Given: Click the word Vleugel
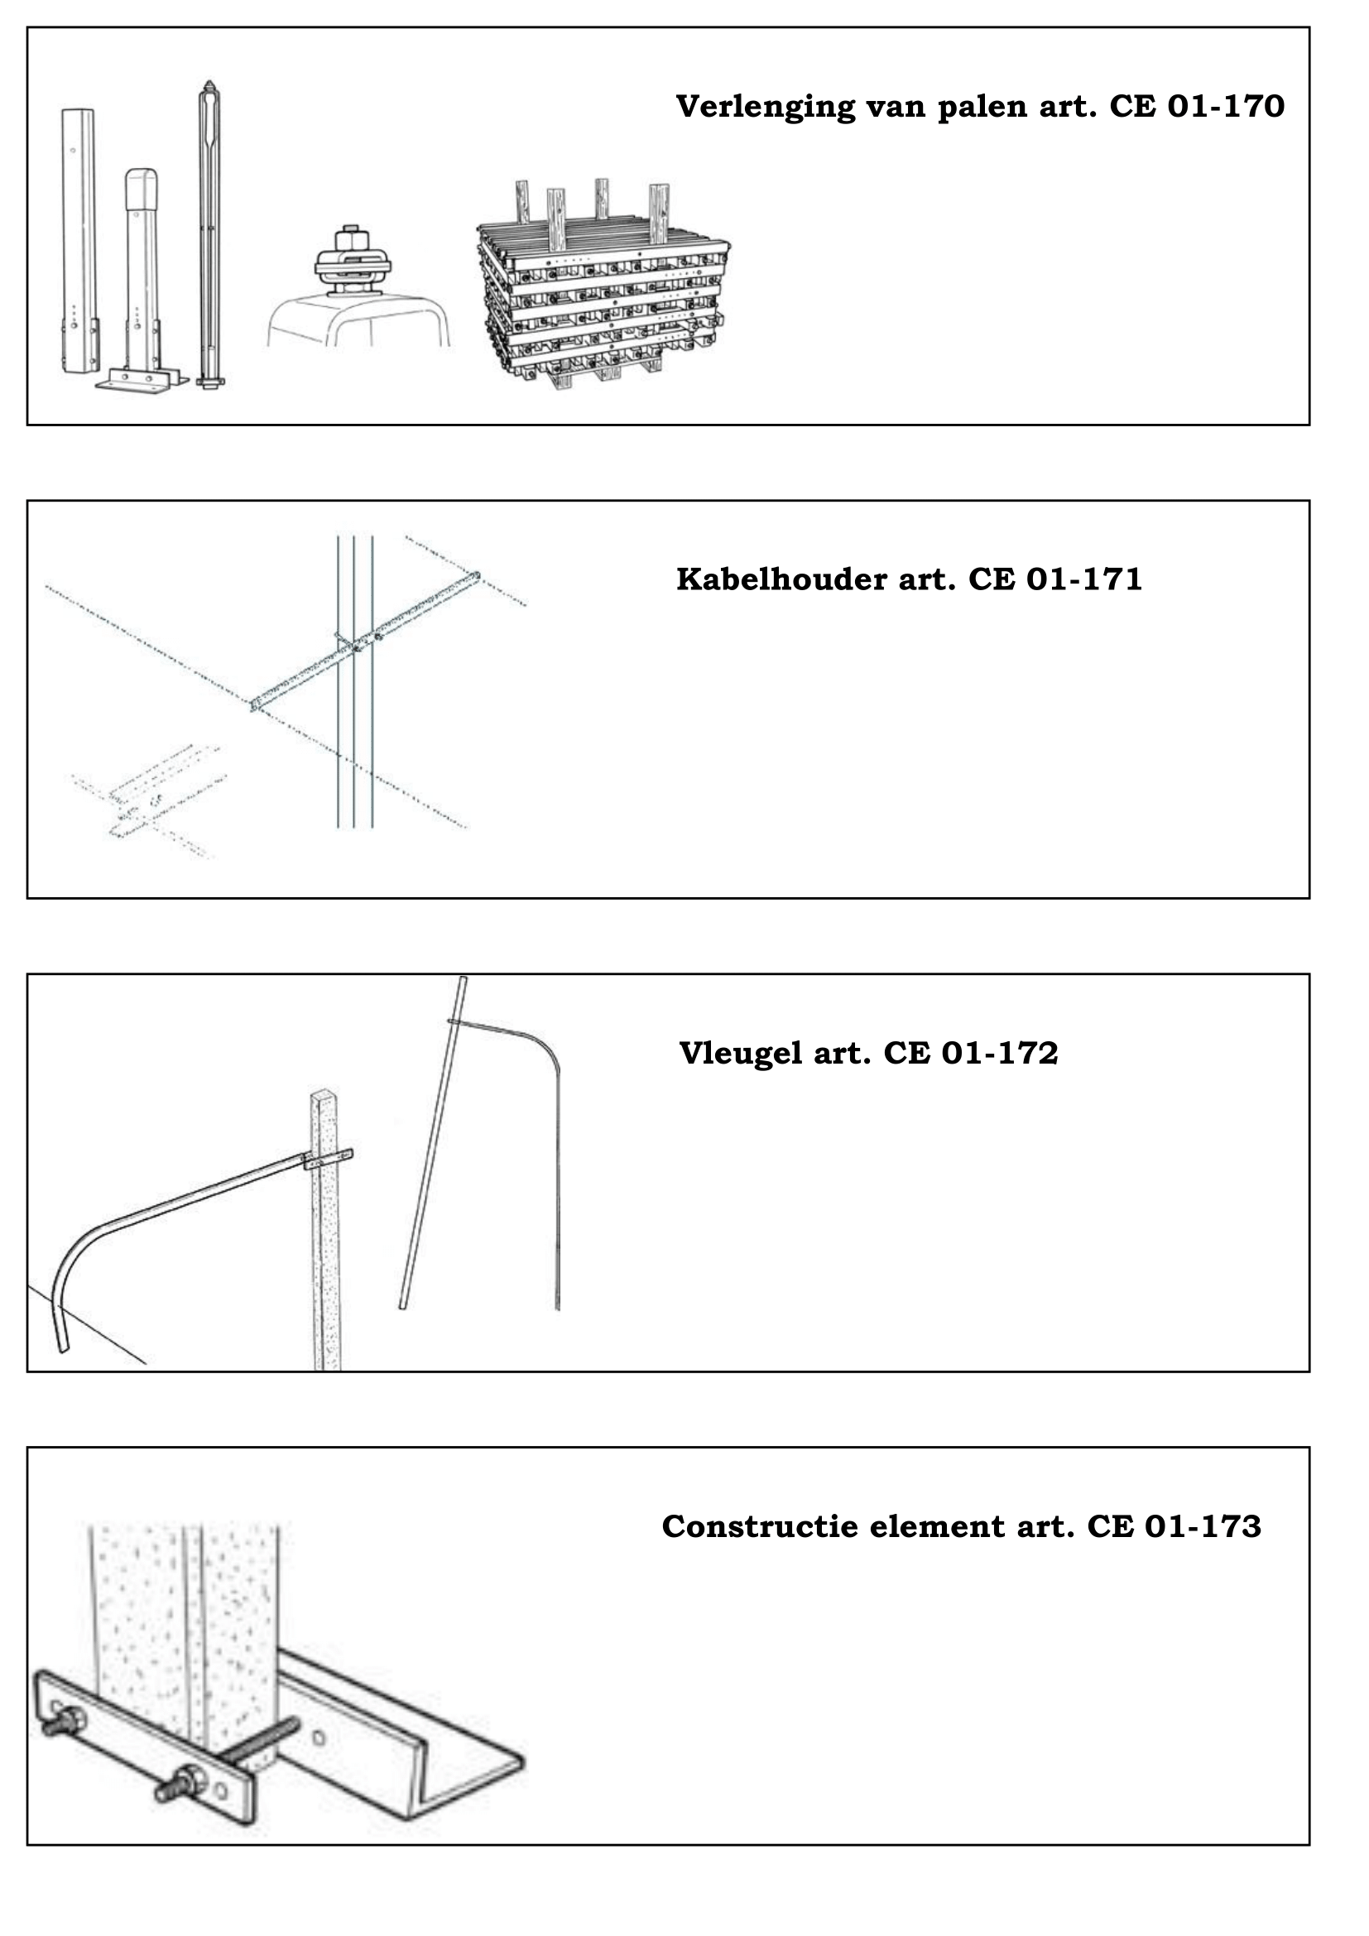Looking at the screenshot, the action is (741, 1054).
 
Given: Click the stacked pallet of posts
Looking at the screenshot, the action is (603, 285).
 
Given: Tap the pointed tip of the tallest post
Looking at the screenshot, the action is (209, 82).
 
